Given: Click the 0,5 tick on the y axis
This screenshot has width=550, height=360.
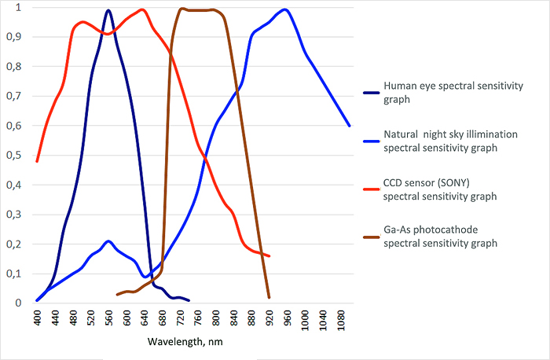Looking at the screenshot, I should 14,156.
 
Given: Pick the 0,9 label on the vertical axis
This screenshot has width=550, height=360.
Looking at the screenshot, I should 14,37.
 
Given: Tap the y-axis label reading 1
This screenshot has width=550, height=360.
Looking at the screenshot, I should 17,8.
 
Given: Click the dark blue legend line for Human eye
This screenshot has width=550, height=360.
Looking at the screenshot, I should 365,93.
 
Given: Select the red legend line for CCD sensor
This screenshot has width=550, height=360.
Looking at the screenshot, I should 365,189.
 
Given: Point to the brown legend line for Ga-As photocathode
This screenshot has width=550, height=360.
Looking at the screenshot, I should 365,236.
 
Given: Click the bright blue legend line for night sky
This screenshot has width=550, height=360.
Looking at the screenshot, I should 365,141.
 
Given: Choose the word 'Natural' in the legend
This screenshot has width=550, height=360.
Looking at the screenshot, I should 401,134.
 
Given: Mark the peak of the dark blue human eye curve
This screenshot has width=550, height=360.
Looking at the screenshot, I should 108,10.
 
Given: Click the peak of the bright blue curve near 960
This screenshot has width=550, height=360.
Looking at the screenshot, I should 284,10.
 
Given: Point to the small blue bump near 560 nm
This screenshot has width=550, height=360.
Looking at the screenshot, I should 108,241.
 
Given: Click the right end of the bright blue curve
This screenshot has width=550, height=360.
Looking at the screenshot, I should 349,126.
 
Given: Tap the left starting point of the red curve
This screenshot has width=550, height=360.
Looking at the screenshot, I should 37,161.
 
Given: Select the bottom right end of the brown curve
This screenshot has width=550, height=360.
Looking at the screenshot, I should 269,297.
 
